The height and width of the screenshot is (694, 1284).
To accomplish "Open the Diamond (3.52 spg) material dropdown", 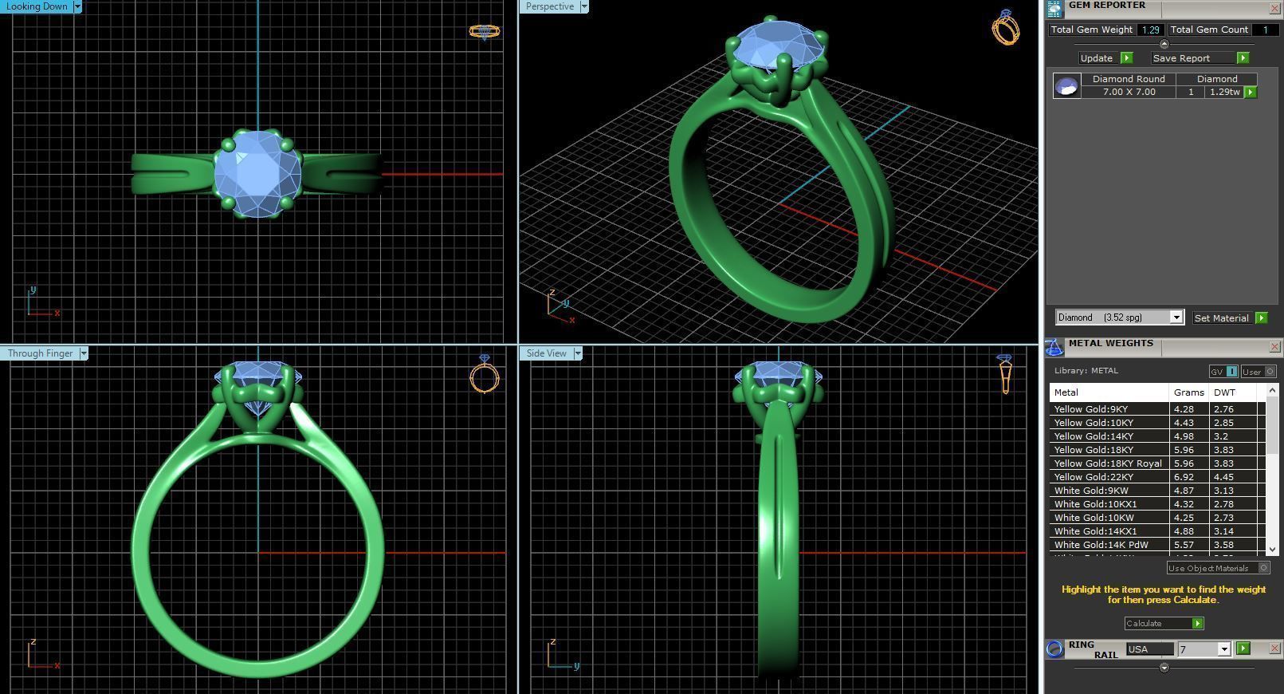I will pyautogui.click(x=1176, y=317).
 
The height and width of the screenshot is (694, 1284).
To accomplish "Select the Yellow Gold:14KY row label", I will pyautogui.click(x=1093, y=436).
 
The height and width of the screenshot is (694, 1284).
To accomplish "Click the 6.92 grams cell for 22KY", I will pyautogui.click(x=1184, y=477).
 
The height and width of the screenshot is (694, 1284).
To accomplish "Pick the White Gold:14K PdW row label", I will pyautogui.click(x=1101, y=545).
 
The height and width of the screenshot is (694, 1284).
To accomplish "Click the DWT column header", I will pyautogui.click(x=1224, y=392).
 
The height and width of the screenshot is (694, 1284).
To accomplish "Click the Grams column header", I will pyautogui.click(x=1188, y=392).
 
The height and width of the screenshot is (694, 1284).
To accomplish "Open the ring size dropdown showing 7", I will pyautogui.click(x=1223, y=649).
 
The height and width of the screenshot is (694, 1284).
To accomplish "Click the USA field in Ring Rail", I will pyautogui.click(x=1149, y=649).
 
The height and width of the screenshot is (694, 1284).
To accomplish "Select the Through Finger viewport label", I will pyautogui.click(x=40, y=353).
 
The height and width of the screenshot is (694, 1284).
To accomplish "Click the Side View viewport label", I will pyautogui.click(x=546, y=353).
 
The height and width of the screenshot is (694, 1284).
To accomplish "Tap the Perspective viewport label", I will pyautogui.click(x=549, y=6).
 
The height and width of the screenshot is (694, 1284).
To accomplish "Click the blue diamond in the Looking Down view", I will pyautogui.click(x=257, y=173).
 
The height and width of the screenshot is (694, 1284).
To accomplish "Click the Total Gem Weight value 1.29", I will pyautogui.click(x=1149, y=30).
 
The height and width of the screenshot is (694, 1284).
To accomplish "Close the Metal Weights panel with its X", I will pyautogui.click(x=1274, y=346).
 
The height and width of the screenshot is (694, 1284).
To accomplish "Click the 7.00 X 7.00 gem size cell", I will pyautogui.click(x=1129, y=92).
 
